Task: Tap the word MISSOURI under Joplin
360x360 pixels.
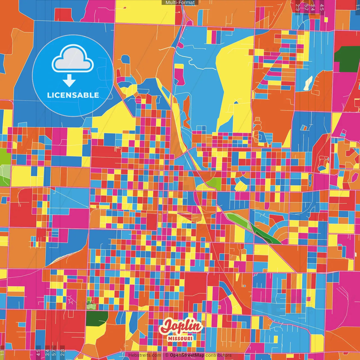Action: point(180,338)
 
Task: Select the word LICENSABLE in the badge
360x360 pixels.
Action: point(73,95)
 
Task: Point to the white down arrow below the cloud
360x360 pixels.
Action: point(69,81)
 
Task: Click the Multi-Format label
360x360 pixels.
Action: point(180,3)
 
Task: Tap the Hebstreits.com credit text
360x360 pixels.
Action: point(145,355)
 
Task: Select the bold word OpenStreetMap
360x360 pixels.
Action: point(187,355)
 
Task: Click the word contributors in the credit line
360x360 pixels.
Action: point(219,355)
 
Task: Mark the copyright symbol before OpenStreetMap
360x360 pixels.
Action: point(167,355)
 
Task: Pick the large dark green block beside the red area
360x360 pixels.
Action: point(347,59)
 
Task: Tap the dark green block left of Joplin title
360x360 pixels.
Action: point(96,318)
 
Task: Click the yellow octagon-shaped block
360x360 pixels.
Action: point(240,186)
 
